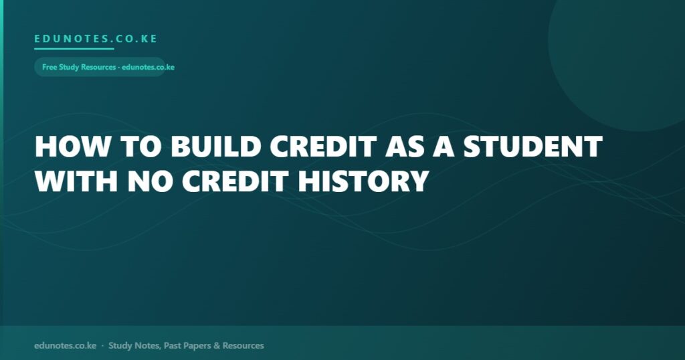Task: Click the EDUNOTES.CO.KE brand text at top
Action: (96, 38)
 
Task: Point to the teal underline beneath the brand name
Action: (74, 48)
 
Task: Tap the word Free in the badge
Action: (50, 68)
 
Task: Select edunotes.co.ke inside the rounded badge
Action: (148, 68)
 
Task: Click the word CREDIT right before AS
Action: (323, 147)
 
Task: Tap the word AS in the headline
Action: (405, 147)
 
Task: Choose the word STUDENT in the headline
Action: (533, 147)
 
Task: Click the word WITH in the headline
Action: (76, 181)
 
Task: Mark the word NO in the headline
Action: (150, 181)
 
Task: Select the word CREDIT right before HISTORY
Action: (235, 181)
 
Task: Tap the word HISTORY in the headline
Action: (363, 181)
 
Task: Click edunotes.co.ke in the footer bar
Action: (65, 345)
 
